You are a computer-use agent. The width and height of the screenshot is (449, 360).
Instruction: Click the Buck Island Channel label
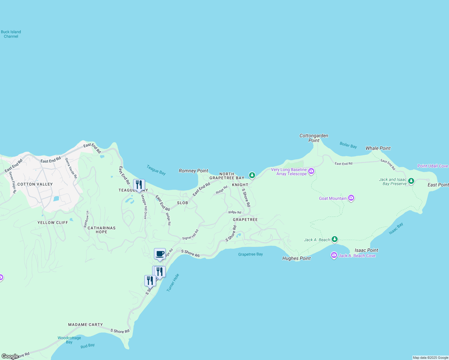coord(11,34)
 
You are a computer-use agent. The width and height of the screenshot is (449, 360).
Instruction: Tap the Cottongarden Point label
coord(314,138)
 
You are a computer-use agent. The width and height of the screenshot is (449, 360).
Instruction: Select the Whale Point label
coord(378,148)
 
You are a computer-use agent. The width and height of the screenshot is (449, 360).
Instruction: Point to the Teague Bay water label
coord(156,170)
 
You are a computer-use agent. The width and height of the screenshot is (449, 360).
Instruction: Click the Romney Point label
coord(193,171)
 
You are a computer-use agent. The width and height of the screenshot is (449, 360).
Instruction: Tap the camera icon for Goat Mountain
coord(351,198)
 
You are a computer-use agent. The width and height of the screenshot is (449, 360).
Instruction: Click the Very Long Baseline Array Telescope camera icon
coord(311,171)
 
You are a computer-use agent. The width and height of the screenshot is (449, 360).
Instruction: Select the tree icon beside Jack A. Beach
coord(335,239)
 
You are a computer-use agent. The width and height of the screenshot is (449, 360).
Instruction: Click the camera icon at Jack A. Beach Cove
coord(334,255)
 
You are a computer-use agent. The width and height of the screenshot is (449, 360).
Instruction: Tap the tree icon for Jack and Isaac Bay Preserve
coord(411,181)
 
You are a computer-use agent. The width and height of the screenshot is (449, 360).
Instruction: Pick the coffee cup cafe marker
coord(160,254)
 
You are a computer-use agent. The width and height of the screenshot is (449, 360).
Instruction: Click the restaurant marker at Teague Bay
coord(139,185)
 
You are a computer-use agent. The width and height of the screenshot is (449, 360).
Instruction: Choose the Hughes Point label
coord(297,258)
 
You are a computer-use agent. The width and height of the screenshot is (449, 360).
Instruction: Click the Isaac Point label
coord(366,250)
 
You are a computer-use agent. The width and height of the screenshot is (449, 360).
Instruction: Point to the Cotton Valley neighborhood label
coord(35,184)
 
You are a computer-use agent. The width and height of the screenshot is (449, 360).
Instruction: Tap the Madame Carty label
coord(86,325)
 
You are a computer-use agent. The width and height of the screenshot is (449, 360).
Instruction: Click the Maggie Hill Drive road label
coord(144,207)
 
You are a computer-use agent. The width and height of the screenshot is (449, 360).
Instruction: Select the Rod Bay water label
coord(88,346)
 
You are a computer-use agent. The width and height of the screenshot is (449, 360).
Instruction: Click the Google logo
coord(10,356)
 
